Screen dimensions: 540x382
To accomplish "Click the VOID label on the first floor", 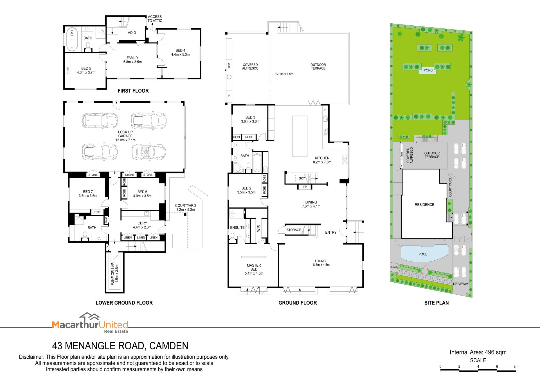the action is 132,33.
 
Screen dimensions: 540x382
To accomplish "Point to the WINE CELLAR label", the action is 115,274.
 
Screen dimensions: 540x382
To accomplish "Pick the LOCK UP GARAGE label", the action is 125,136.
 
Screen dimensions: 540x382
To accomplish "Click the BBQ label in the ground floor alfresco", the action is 229,65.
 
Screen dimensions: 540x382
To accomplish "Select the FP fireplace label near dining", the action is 305,187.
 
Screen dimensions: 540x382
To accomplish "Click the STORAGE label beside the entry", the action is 294,230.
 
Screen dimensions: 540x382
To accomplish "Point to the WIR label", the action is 259,228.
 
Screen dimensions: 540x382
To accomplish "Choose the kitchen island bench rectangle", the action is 300,136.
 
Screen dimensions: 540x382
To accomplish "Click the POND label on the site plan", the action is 428,70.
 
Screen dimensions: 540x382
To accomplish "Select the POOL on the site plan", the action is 424,253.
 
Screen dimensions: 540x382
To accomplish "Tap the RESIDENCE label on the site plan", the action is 424,205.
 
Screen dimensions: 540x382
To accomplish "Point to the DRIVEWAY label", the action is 461,284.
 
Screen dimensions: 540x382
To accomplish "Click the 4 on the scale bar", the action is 478,367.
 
